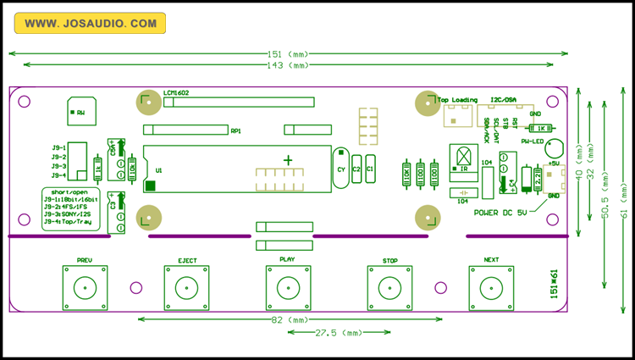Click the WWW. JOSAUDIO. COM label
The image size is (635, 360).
(90, 24)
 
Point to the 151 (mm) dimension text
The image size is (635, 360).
(289, 53)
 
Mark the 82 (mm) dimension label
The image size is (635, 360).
(289, 320)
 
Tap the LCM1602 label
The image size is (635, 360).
(176, 92)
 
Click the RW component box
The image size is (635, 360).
(80, 112)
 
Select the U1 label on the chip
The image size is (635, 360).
(158, 170)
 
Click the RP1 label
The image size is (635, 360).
(235, 131)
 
